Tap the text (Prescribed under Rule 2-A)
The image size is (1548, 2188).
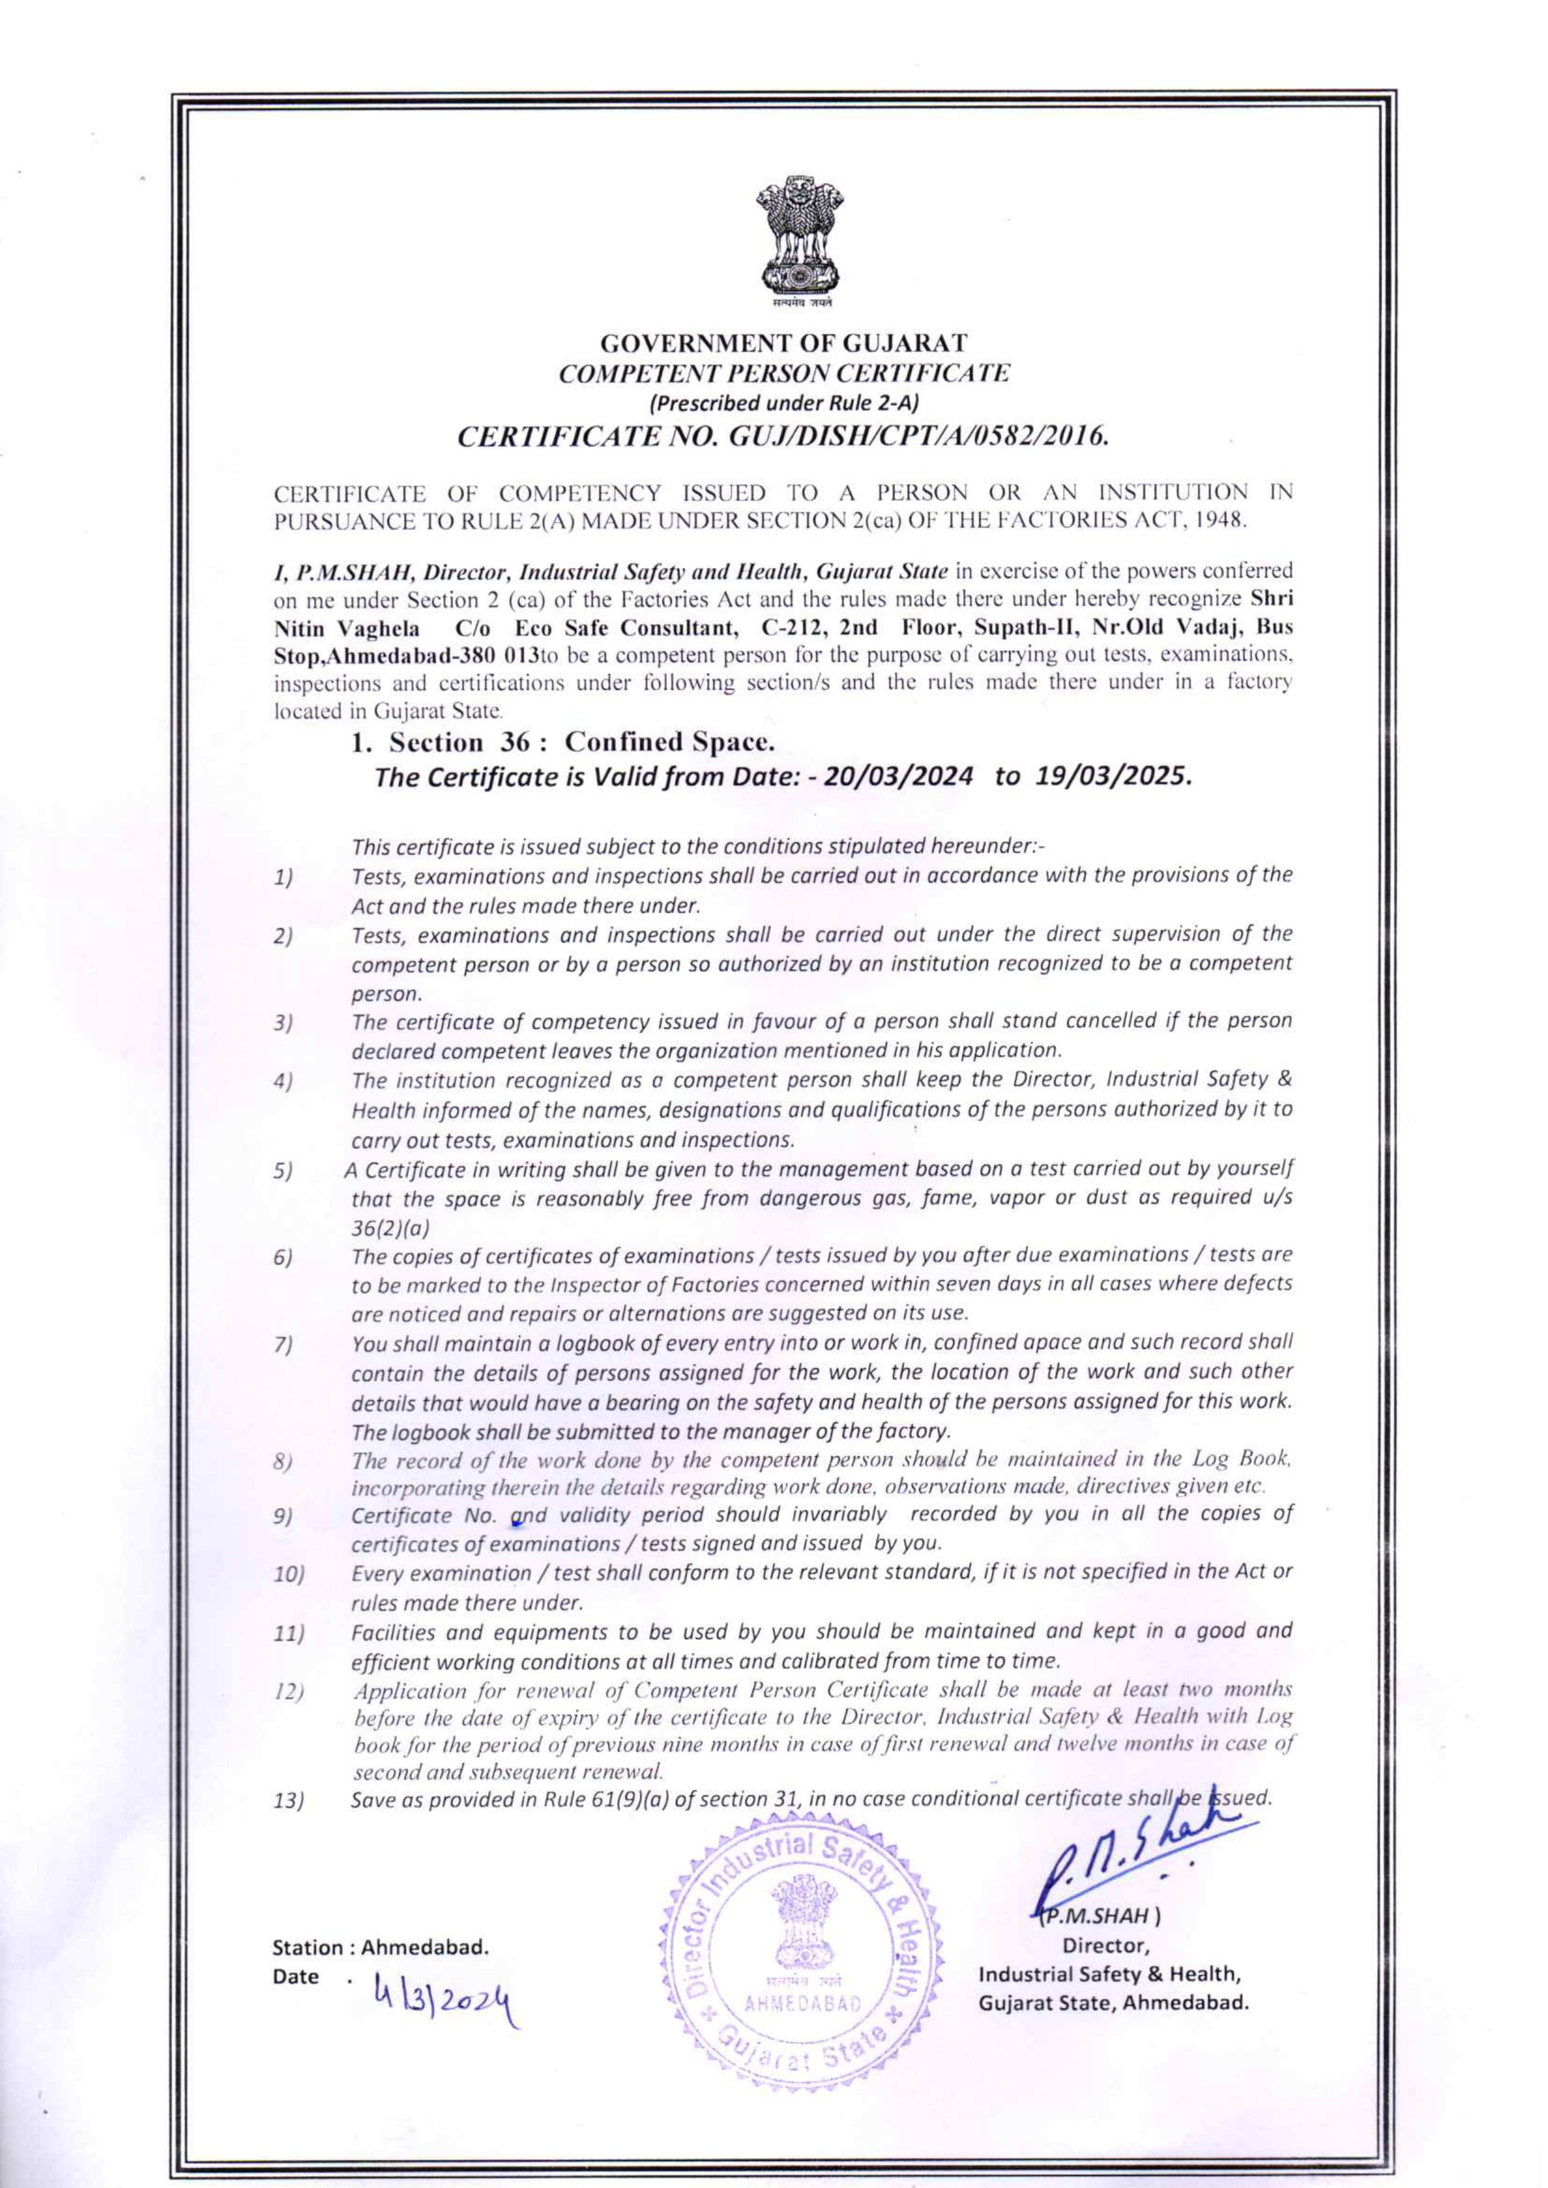[783, 403]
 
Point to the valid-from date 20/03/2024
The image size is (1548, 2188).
[898, 777]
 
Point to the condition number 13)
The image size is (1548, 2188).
[288, 1802]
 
